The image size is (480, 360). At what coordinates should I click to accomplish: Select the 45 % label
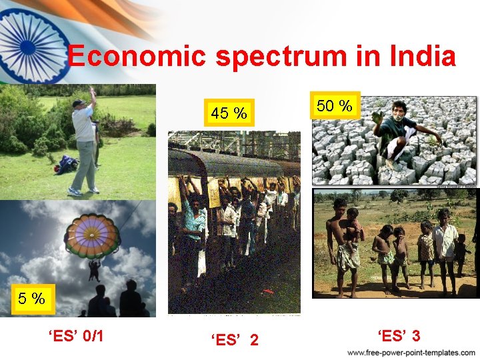click(229, 114)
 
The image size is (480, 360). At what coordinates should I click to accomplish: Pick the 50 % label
click(334, 105)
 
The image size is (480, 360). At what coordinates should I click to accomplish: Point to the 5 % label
click(31, 299)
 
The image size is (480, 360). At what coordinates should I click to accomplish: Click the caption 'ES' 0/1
click(75, 335)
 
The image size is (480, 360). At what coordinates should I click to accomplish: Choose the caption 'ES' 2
click(235, 340)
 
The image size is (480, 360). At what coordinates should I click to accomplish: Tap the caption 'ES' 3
click(398, 335)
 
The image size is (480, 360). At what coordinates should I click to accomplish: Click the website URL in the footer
click(411, 352)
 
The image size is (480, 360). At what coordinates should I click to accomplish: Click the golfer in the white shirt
click(84, 143)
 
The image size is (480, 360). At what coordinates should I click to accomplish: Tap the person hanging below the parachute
click(95, 269)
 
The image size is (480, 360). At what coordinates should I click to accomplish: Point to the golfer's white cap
click(79, 103)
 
